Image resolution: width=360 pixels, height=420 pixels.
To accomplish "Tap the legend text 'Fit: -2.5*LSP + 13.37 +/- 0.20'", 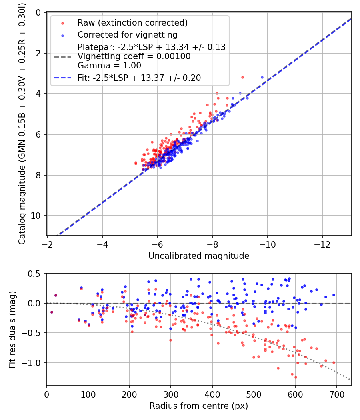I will point(139,78).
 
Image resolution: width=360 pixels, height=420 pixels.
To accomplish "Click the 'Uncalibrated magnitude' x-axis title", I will point(199,256).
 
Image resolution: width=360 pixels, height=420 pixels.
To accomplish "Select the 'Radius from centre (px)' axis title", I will point(199,406).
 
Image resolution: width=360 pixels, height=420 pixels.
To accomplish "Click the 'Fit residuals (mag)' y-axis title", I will point(12,330).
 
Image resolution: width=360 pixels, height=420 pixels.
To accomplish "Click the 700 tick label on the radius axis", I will point(336,395).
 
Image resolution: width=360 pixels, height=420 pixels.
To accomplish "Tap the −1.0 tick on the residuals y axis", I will point(34,363).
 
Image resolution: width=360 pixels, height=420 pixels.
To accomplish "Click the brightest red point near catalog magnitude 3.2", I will point(242,77).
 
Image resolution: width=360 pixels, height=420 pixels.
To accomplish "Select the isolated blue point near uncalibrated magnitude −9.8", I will point(262,77).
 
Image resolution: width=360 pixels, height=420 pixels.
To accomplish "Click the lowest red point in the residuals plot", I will point(296,377).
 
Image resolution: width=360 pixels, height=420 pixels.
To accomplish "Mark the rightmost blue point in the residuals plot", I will point(334,295).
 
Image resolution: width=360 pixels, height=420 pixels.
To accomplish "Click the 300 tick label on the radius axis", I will point(171,395).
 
